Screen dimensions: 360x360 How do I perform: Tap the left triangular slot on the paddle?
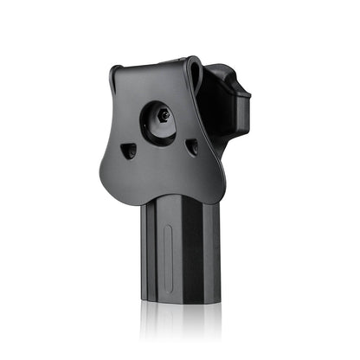click(129, 151)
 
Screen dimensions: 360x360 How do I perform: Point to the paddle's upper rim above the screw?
click(156, 68)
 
